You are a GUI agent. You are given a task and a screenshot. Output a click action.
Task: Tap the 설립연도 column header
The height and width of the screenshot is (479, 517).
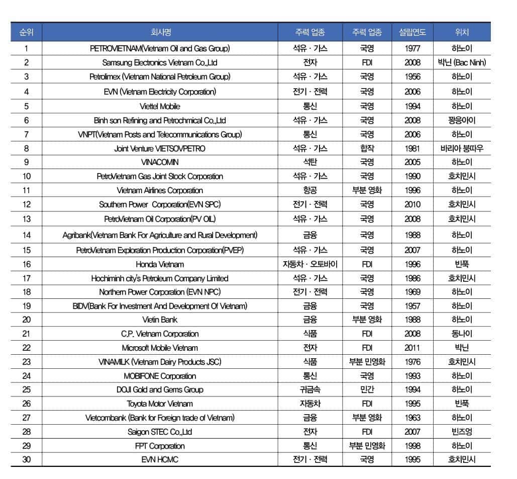(x=412, y=33)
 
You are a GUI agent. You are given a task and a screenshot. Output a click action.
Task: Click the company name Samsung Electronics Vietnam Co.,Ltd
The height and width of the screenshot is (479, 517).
(x=160, y=63)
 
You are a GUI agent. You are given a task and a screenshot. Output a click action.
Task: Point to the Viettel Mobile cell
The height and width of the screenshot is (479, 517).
(x=160, y=106)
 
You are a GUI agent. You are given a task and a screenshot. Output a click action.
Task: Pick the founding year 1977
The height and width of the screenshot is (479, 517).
(x=412, y=49)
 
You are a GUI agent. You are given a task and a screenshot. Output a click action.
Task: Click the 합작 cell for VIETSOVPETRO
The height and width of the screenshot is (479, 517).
(x=367, y=148)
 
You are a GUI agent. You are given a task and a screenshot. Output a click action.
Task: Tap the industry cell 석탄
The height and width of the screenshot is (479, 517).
(x=310, y=162)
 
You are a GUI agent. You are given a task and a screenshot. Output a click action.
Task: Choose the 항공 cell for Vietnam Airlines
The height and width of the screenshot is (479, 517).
(x=310, y=190)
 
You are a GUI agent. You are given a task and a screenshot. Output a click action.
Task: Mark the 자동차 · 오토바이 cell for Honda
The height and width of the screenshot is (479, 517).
(x=310, y=264)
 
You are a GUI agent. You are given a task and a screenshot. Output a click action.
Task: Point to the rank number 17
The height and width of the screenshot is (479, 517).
(x=27, y=278)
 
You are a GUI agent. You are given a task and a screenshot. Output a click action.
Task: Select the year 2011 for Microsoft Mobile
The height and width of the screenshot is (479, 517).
(x=412, y=348)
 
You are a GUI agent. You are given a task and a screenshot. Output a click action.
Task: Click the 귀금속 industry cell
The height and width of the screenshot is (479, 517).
(x=310, y=389)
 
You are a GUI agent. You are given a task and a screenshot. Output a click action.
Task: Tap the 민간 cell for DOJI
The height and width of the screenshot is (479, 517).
(x=367, y=389)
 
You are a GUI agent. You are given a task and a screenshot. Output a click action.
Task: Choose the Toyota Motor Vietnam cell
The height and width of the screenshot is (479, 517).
(x=160, y=404)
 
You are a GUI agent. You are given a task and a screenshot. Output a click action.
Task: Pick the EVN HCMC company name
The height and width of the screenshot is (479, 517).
(x=160, y=459)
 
